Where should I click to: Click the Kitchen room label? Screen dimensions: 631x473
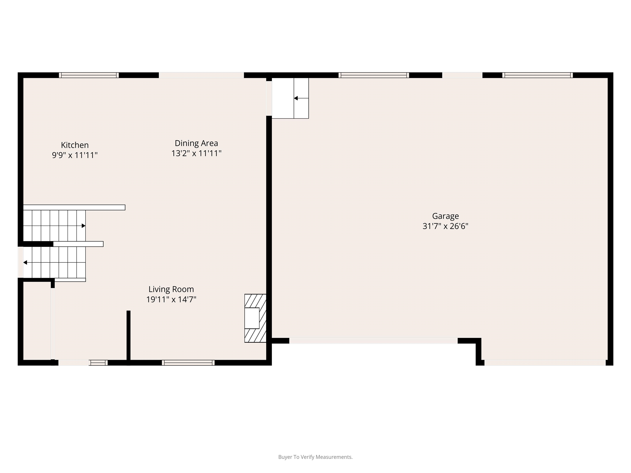(75, 145)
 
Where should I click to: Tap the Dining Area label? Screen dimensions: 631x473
(196, 143)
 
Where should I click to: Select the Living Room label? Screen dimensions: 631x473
(171, 289)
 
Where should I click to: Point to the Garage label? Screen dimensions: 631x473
(445, 216)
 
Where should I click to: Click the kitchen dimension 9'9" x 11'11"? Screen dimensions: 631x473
(75, 155)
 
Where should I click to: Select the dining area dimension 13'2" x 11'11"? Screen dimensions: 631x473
(196, 153)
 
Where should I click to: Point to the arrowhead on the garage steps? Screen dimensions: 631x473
(296, 98)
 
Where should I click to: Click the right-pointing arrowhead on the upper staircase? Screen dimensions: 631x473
(84, 226)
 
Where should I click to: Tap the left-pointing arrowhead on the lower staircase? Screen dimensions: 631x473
(25, 263)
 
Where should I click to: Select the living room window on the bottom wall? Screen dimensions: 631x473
(188, 363)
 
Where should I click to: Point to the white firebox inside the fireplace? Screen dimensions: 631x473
(252, 318)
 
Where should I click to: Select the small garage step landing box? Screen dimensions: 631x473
(290, 98)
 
